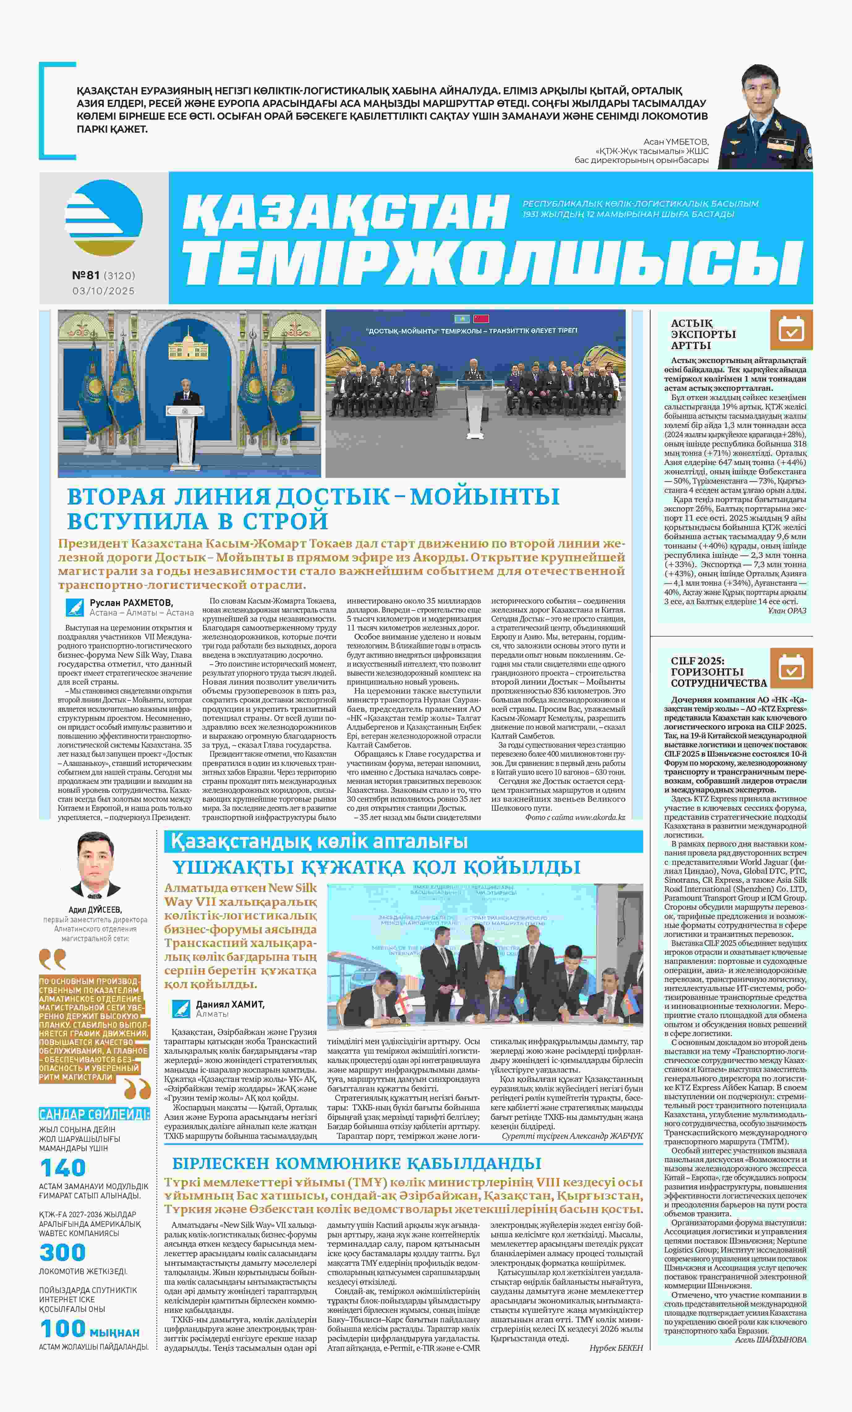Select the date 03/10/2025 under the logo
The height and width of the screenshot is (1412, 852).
[104, 291]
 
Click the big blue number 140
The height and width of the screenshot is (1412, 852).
[63, 1168]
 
